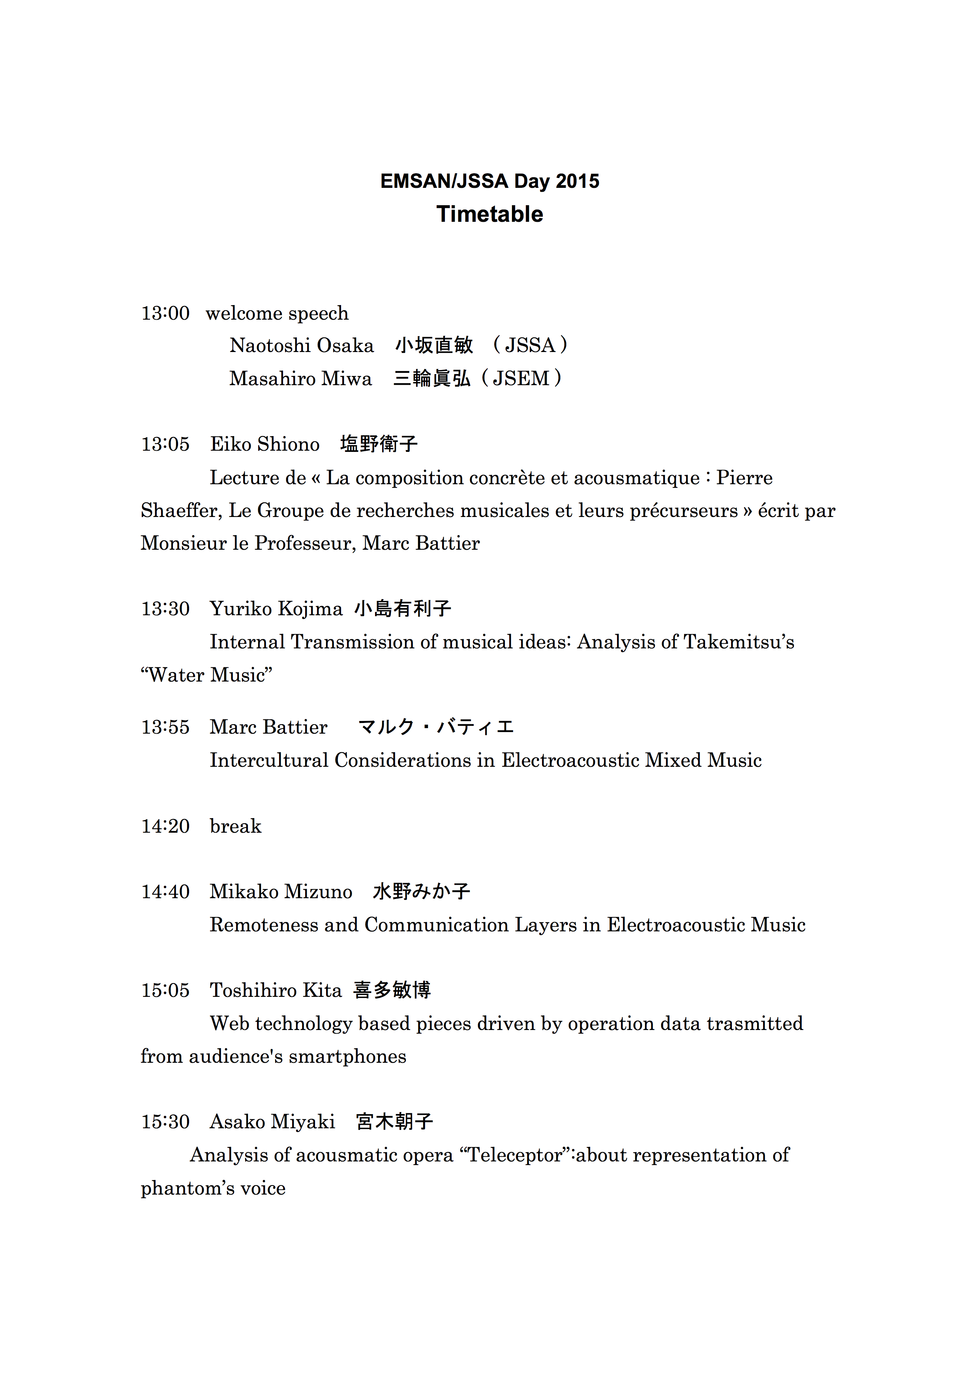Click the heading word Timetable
[489, 214]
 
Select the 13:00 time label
[165, 313]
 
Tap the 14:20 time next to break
[165, 826]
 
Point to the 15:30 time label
[165, 1122]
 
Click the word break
[235, 826]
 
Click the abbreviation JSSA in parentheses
[530, 345]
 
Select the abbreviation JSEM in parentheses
[521, 378]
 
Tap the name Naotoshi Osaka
[302, 345]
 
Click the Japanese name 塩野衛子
[379, 444]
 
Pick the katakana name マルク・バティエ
[435, 727]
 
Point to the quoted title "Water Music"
[206, 675]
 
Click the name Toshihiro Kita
[276, 991]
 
